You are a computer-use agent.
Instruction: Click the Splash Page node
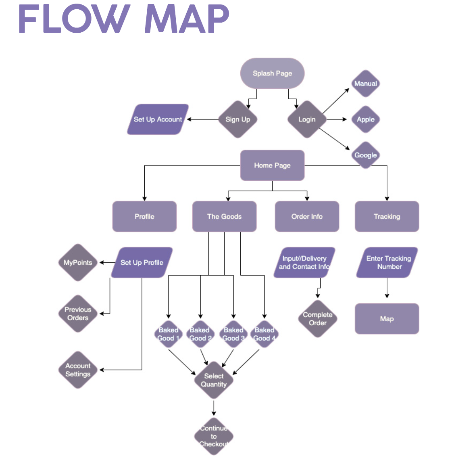[272, 73]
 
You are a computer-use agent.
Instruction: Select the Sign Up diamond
[237, 119]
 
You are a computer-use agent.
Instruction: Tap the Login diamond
[307, 119]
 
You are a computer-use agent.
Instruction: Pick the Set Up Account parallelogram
[158, 119]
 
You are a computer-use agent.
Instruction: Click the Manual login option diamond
[365, 84]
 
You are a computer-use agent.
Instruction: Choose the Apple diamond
[365, 119]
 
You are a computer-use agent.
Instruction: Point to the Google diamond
[365, 155]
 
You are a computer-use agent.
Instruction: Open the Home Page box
[272, 165]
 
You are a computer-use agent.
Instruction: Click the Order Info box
[307, 217]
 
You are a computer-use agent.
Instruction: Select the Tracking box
[387, 217]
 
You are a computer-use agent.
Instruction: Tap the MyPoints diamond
[78, 263]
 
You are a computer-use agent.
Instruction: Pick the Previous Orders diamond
[78, 314]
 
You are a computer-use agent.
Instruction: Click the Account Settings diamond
[78, 370]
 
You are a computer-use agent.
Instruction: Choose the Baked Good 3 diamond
[233, 334]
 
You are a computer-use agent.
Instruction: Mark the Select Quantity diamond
[214, 380]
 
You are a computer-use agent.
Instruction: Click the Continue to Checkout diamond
[214, 436]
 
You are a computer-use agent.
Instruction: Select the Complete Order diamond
[318, 319]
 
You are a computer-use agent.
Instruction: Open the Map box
[387, 319]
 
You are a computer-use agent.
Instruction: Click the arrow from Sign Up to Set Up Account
[203, 119]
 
